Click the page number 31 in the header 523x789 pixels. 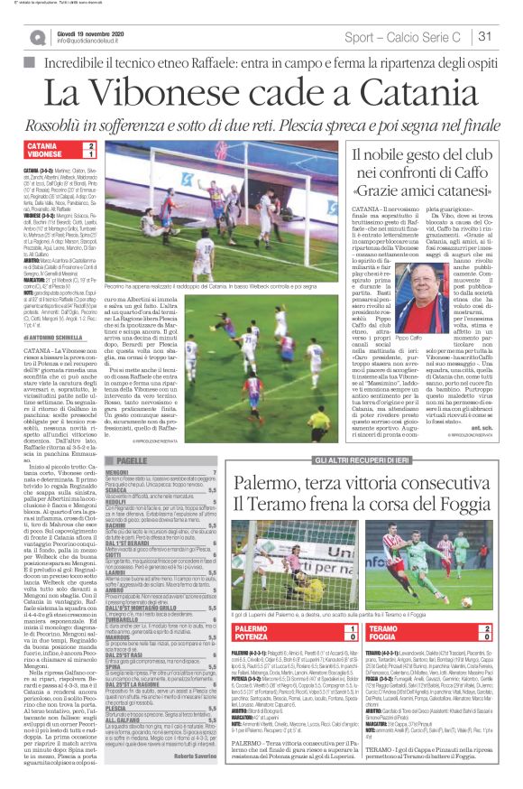tap(485, 36)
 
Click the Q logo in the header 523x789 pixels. tap(35, 37)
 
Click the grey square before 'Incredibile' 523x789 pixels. tap(28, 62)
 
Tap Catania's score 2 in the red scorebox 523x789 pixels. tap(90, 145)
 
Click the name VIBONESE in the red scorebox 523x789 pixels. tap(45, 155)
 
